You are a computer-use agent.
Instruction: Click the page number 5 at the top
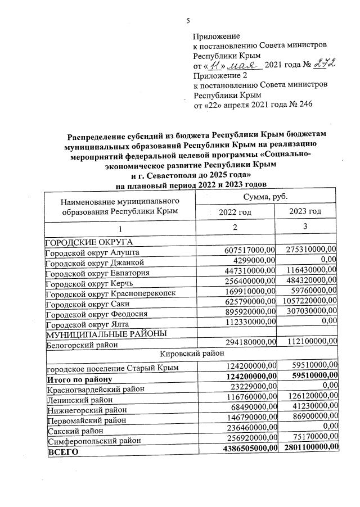pyautogui.click(x=188, y=21)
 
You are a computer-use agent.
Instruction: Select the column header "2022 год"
pyautogui.click(x=235, y=212)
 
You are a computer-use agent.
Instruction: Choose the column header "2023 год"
pyautogui.click(x=305, y=211)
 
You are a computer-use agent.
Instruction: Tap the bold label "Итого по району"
pyautogui.click(x=78, y=375)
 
